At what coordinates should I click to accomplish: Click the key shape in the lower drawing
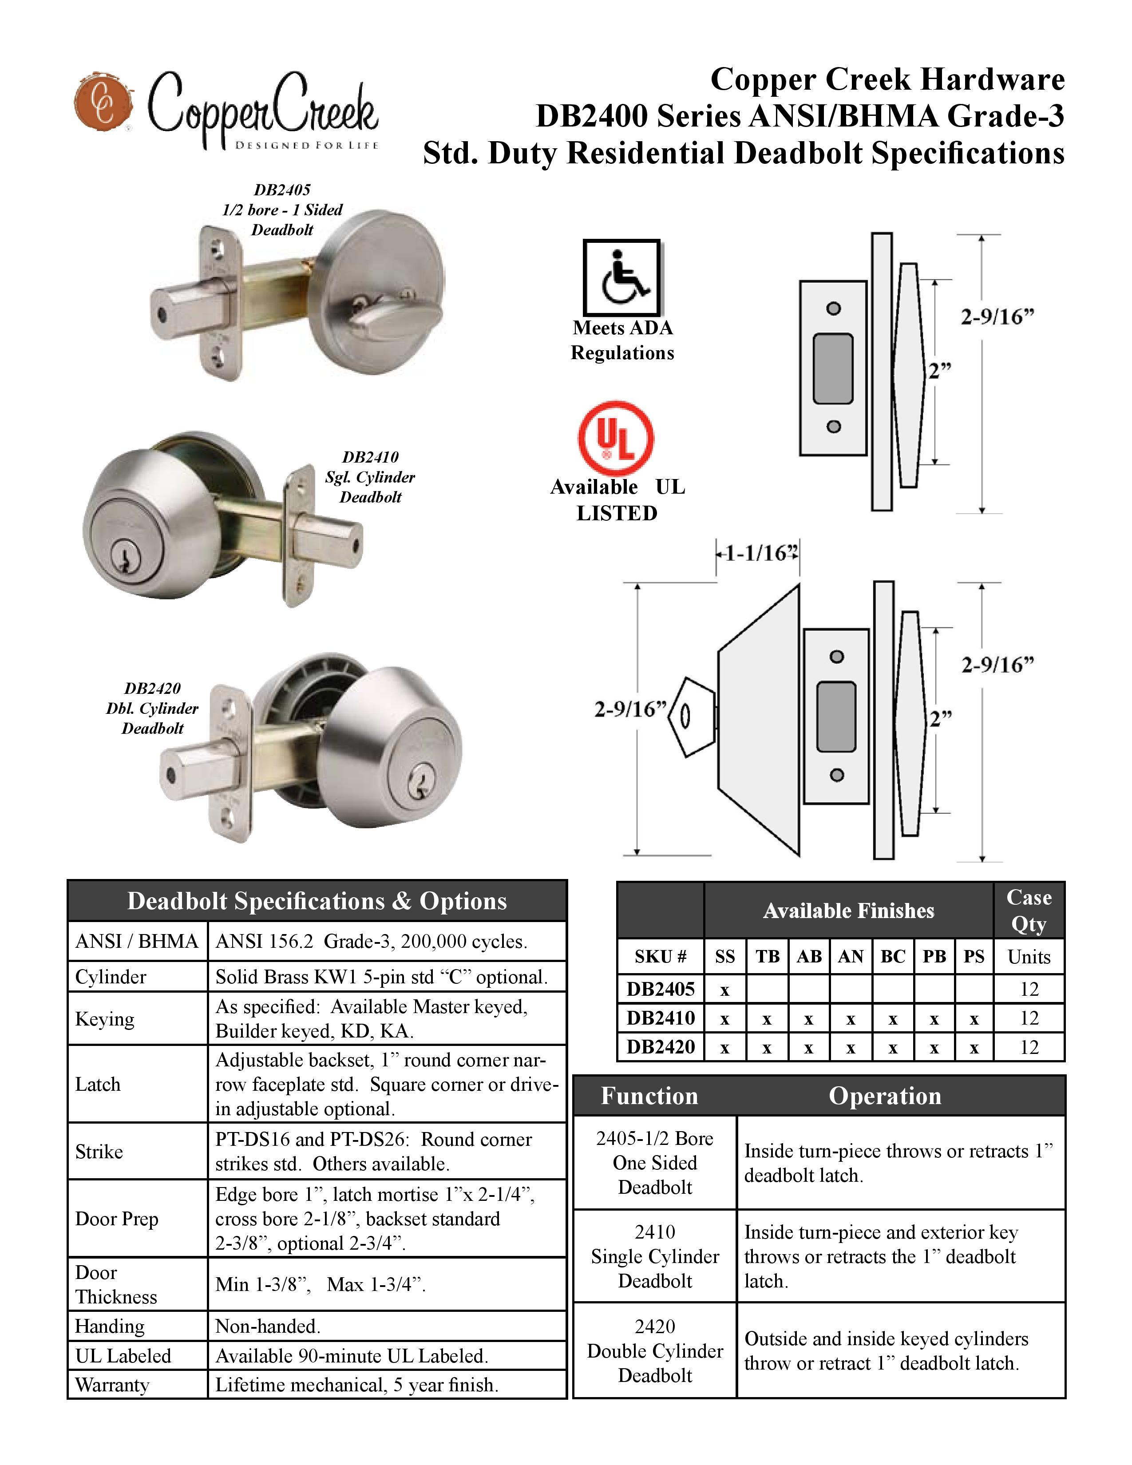click(x=691, y=717)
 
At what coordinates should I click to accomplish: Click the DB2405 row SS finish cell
click(x=724, y=990)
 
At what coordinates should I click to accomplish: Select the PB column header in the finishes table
click(x=934, y=957)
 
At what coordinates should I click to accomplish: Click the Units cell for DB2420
click(x=1028, y=1047)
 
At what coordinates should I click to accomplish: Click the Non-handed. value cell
click(x=268, y=1326)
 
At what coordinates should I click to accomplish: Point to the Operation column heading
click(x=885, y=1096)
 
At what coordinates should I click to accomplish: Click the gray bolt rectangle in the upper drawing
click(x=832, y=369)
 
